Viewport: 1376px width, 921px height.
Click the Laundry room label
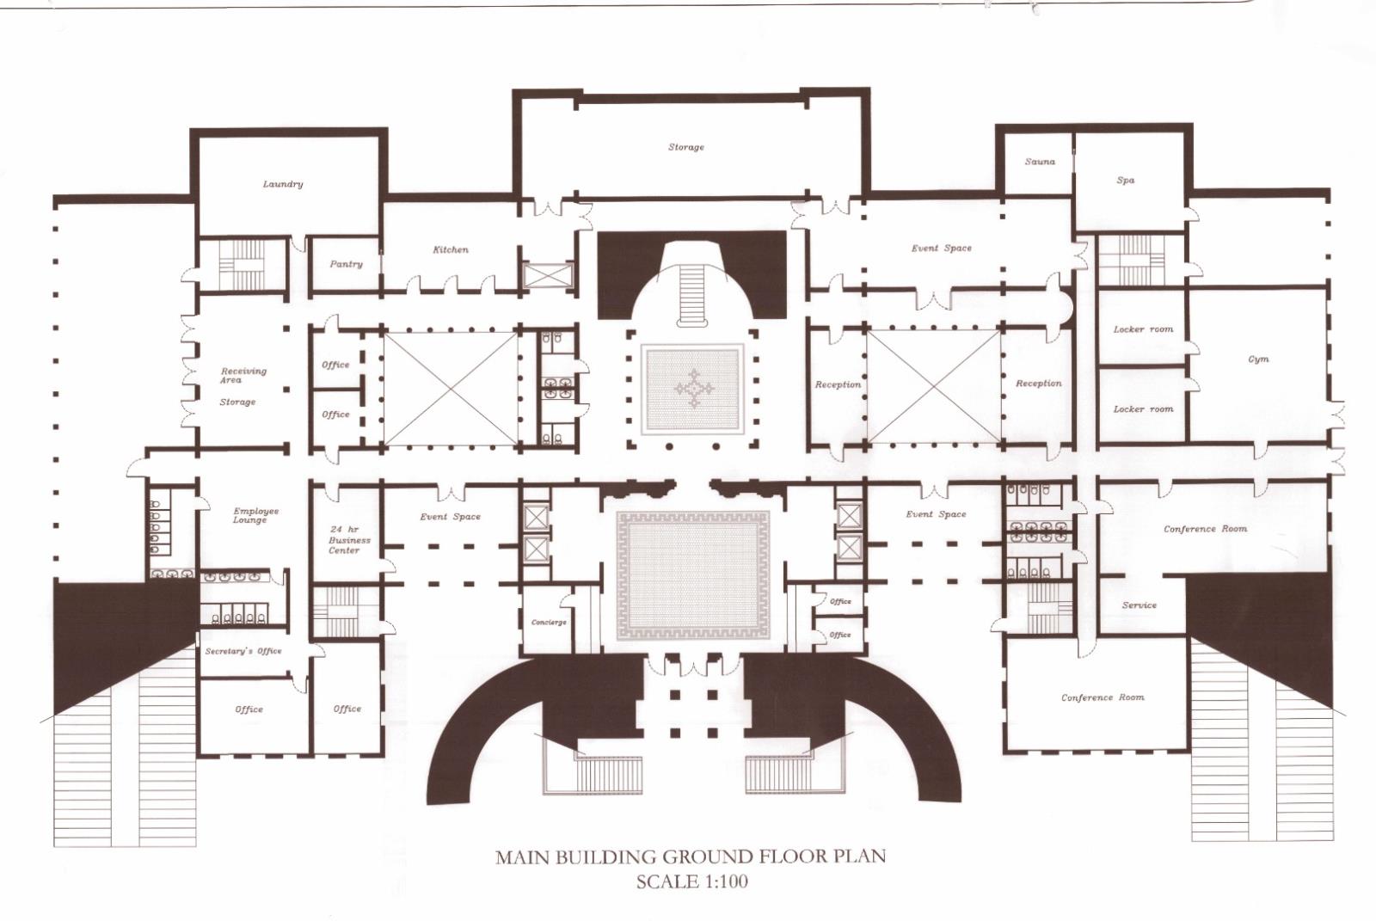pos(283,184)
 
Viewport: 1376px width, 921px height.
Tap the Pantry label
pos(346,264)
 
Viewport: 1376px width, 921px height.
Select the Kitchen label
pos(451,249)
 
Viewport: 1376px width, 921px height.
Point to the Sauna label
pos(1040,162)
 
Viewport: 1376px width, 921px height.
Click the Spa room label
pos(1126,180)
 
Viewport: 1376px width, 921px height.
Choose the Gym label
pos(1258,359)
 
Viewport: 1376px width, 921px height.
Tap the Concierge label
pos(549,623)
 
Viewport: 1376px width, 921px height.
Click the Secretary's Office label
pos(243,651)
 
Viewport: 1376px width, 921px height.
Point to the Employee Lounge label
pos(255,515)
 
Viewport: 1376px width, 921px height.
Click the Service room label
pos(1139,605)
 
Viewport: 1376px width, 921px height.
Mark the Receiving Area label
pos(243,375)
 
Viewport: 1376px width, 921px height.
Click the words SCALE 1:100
pos(691,882)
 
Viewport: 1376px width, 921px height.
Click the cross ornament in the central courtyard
pos(693,389)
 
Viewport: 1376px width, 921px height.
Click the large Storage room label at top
pos(685,147)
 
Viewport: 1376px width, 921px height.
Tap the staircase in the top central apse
pos(692,294)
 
